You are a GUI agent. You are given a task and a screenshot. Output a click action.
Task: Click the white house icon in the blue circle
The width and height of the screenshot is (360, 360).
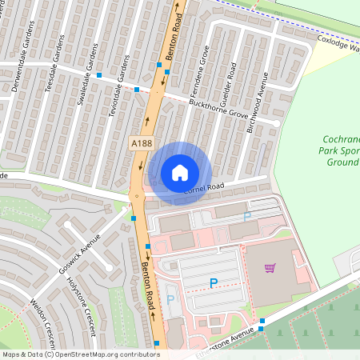tap(180, 172)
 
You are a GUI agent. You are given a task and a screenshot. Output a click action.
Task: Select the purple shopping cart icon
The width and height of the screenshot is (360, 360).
tap(270, 268)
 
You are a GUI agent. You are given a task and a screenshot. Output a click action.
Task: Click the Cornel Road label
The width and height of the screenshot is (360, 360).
tap(206, 188)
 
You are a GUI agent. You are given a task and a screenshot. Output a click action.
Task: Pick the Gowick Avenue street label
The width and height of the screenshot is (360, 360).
tap(80, 257)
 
